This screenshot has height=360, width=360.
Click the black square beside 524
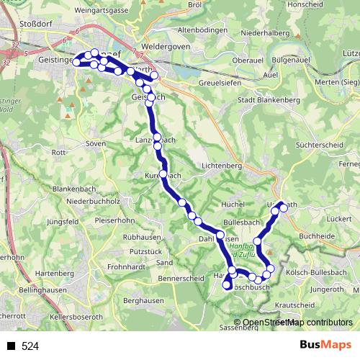[x=11, y=346]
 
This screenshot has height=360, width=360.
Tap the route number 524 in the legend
[x=30, y=346]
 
